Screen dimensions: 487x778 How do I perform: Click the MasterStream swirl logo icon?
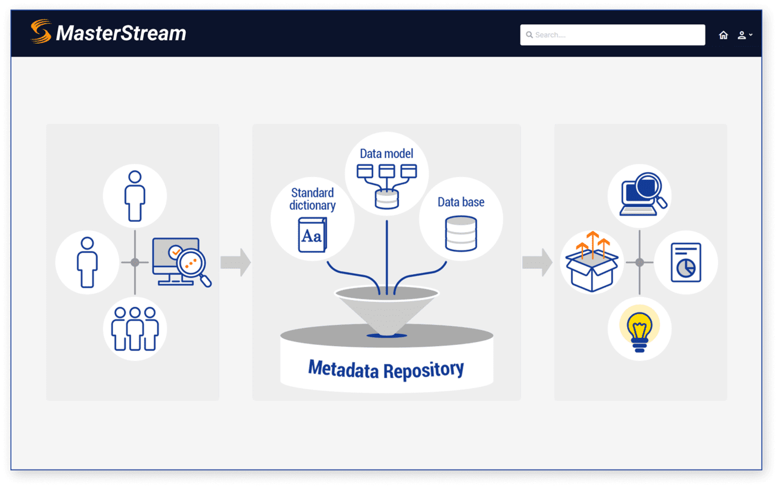(41, 32)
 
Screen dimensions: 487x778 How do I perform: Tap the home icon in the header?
(723, 35)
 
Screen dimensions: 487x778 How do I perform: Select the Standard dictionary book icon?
(312, 235)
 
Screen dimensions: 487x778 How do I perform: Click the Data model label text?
(386, 153)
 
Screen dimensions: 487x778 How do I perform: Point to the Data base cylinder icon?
(461, 234)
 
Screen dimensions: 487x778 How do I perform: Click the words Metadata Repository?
(386, 369)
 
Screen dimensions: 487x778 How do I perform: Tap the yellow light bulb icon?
(639, 330)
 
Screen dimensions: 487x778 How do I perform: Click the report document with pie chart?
(685, 262)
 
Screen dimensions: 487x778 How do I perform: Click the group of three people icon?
(135, 328)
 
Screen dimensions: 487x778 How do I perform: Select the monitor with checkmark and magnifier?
(180, 261)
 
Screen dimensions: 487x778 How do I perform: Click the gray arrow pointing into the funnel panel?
(236, 262)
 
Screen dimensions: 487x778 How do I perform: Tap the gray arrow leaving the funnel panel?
(537, 262)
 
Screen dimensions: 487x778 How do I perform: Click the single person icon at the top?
(135, 196)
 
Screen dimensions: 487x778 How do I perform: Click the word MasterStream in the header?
(121, 33)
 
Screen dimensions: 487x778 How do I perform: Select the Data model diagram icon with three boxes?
(387, 185)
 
